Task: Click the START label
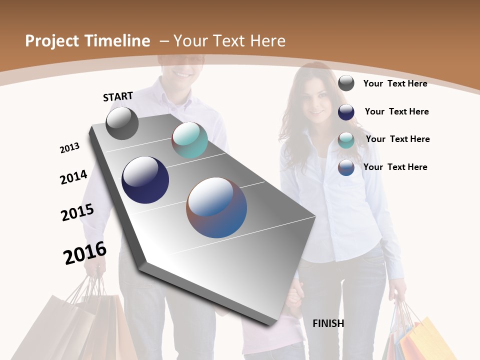point(118,96)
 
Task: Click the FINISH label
point(328,323)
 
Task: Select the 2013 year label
point(69,148)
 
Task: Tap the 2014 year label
point(73,177)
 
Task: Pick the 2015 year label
point(77,212)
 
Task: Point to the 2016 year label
point(85,253)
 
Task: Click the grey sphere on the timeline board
point(122,123)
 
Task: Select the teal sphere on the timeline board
point(189,140)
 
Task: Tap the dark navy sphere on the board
point(145,180)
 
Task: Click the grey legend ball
point(346,83)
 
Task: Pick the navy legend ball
point(346,112)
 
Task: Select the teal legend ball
point(346,139)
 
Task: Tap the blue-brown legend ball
point(346,167)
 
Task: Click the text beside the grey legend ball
point(395,83)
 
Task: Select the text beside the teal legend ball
point(397,139)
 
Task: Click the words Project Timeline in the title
point(87,41)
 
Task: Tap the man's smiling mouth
point(180,73)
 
